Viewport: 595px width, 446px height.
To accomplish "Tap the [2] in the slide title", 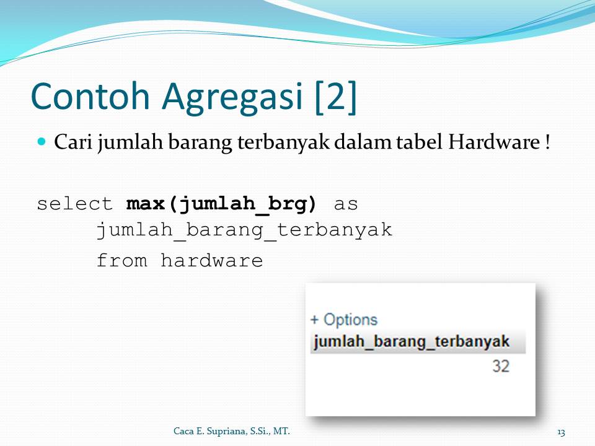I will (x=335, y=97).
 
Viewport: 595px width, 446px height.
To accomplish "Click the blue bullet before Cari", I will (x=42, y=142).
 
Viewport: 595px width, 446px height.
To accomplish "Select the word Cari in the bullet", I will (x=73, y=142).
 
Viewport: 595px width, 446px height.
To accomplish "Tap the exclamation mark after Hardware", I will (x=547, y=142).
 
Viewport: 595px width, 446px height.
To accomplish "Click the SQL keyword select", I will (x=75, y=204).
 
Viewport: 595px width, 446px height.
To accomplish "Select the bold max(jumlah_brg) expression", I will (x=221, y=204).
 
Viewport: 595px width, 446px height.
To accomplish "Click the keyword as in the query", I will (x=346, y=204).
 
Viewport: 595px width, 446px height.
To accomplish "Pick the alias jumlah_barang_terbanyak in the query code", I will (x=244, y=230).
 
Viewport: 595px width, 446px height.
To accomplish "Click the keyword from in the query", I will (x=121, y=261).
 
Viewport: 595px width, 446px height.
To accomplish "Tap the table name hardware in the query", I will (x=211, y=261).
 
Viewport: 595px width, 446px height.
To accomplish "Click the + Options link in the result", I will (x=343, y=320).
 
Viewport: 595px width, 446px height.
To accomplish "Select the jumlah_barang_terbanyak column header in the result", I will (x=412, y=342).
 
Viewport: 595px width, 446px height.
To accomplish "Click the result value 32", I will (x=501, y=366).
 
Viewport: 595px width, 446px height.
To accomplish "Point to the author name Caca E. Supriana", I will (x=231, y=431).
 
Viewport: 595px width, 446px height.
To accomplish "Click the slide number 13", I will (x=561, y=431).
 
